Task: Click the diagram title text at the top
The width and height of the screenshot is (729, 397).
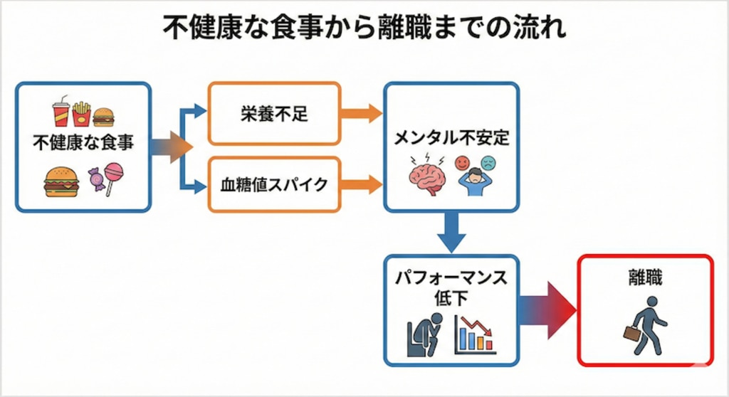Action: [x=364, y=30]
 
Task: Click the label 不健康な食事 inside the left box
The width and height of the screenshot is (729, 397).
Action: [x=83, y=143]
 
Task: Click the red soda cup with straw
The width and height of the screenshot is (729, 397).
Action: [x=61, y=112]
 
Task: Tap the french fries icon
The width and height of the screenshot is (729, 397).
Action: [x=82, y=113]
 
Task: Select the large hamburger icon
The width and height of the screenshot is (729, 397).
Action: [x=61, y=181]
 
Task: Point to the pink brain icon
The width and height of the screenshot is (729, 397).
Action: [x=426, y=174]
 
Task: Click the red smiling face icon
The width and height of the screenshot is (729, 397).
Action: [x=463, y=163]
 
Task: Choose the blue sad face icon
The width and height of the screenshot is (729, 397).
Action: [x=488, y=163]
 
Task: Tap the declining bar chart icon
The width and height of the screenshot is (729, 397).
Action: [x=476, y=334]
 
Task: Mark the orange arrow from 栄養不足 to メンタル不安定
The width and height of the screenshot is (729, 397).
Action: [x=360, y=113]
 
